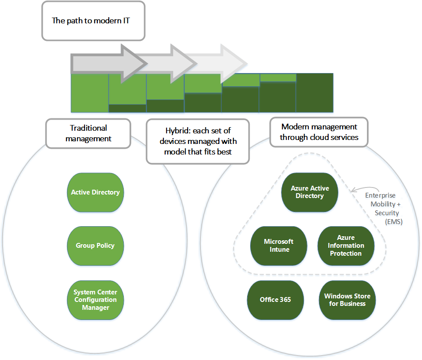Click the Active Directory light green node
point(95,192)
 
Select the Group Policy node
point(95,246)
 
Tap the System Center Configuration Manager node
point(95,300)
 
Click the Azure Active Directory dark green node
point(310,192)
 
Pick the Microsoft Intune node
point(278,246)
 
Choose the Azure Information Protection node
point(346,246)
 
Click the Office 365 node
point(275,300)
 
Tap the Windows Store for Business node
point(347,300)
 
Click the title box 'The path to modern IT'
point(93,21)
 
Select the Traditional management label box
point(88,133)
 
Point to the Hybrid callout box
point(197,141)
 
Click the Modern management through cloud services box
point(318,132)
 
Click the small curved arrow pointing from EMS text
point(358,189)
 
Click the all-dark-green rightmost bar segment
point(315,93)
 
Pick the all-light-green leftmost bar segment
point(89,93)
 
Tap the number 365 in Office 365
point(285,300)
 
